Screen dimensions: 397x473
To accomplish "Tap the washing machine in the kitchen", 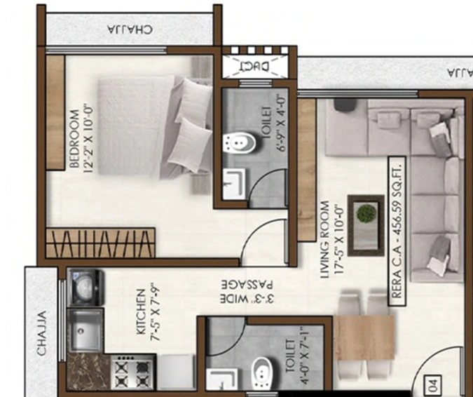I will click(85, 286).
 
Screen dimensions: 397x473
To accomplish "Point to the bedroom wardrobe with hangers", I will click(100, 243).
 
